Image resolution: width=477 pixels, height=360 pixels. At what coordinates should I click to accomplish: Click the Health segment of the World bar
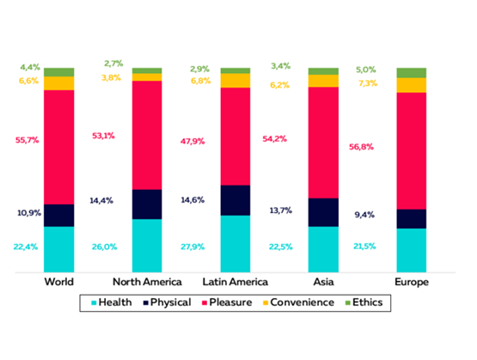[58, 249]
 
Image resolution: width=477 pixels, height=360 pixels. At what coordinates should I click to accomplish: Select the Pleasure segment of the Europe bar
[410, 150]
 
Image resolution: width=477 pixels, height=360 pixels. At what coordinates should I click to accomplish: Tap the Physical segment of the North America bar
[146, 204]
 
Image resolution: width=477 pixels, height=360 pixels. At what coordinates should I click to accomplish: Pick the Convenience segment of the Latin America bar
[235, 80]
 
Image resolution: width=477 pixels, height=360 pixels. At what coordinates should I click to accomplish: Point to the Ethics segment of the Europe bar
[410, 72]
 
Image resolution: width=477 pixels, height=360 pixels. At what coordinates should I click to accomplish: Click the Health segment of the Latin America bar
[235, 243]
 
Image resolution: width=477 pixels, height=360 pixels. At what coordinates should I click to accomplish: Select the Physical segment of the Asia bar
[322, 212]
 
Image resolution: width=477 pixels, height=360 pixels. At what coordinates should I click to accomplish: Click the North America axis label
[147, 282]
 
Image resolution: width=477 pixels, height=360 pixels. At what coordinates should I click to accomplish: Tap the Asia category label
[322, 282]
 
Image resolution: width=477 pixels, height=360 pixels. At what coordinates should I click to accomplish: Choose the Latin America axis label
[235, 282]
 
